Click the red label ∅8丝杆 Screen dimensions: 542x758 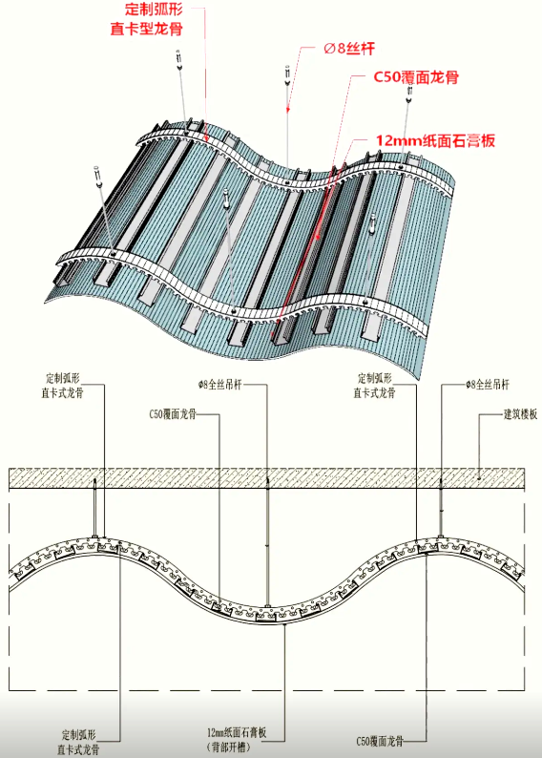(349, 49)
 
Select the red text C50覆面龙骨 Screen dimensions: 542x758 (416, 77)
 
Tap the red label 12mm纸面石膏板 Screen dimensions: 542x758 (436, 140)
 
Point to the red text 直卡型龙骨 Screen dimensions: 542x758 (146, 29)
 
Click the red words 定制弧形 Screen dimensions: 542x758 (154, 9)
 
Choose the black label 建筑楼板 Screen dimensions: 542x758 (520, 414)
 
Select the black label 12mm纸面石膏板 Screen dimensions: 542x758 (237, 732)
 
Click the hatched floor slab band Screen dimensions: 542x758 (266, 477)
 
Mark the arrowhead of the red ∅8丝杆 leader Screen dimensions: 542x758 (288, 109)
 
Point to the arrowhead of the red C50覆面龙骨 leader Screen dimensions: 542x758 (317, 236)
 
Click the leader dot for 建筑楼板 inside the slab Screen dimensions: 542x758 (479, 478)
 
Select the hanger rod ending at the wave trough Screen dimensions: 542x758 (267, 544)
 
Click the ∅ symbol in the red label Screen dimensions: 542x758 (329, 49)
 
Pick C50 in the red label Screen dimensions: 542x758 (387, 77)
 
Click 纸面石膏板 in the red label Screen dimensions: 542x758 (458, 140)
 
